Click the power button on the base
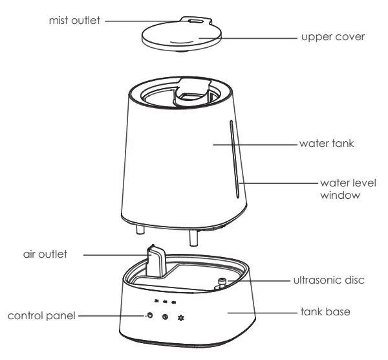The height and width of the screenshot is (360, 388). (x=149, y=315)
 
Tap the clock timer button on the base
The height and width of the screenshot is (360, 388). (x=166, y=317)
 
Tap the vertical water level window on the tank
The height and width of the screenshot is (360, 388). (x=233, y=155)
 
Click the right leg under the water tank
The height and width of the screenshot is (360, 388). (x=192, y=236)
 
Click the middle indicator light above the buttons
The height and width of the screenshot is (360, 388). (x=166, y=301)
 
